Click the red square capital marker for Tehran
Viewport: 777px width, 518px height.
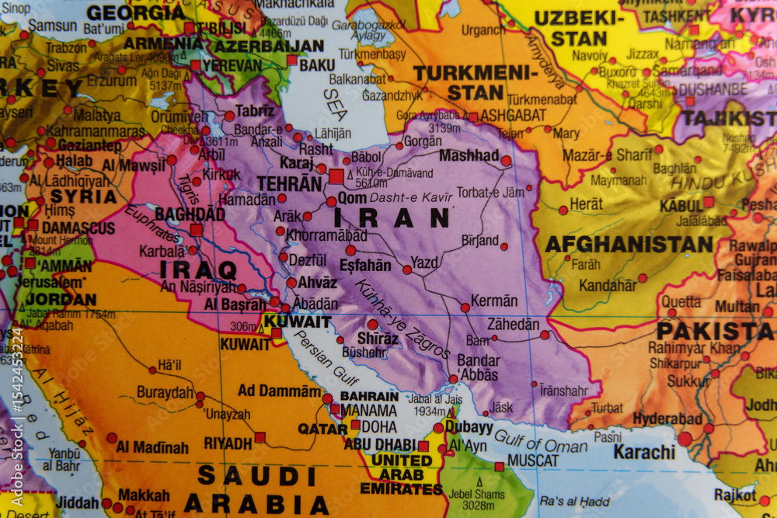point(336,176)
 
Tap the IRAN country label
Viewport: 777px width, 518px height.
point(392,218)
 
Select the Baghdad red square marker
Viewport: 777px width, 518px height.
point(196,230)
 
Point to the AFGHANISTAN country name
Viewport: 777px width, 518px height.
point(629,245)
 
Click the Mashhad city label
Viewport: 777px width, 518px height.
point(469,155)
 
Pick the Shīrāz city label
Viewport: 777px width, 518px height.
point(377,338)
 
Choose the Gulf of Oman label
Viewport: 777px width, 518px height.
point(541,441)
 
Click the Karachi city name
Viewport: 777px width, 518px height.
point(644,451)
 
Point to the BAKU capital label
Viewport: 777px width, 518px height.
point(317,65)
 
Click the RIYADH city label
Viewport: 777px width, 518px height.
point(228,443)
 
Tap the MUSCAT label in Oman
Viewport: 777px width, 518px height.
point(532,461)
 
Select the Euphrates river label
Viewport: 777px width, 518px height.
point(152,225)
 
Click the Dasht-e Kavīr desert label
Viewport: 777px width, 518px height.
point(410,197)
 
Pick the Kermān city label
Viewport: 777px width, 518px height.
point(494,301)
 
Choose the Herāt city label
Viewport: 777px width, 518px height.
point(586,204)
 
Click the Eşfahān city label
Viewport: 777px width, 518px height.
point(365,265)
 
